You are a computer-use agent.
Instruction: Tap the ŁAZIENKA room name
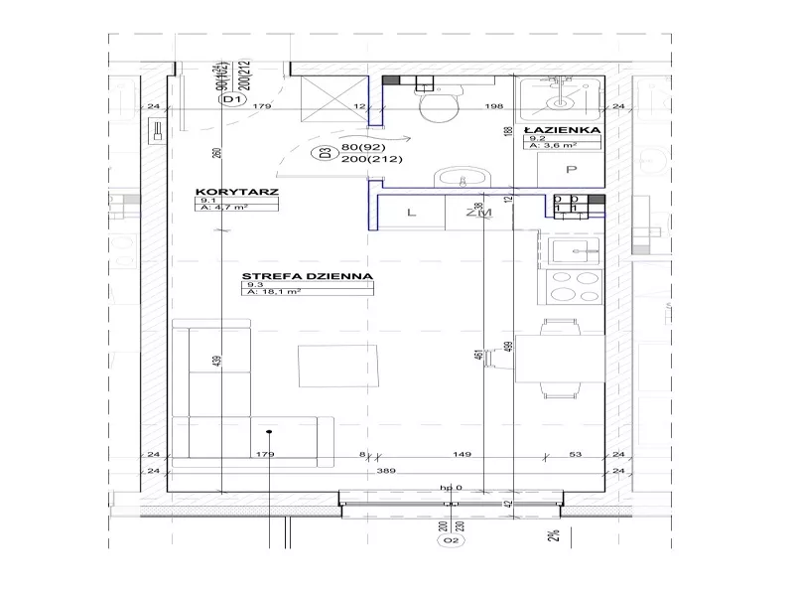[x=563, y=129]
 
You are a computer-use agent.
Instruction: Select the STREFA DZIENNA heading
[x=306, y=276]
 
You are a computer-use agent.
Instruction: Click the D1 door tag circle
[x=232, y=100]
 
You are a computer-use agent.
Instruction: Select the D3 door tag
[x=322, y=153]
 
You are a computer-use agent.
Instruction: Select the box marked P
[x=570, y=170]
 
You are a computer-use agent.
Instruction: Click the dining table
[x=563, y=360]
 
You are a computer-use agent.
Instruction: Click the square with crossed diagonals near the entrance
[x=329, y=99]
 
